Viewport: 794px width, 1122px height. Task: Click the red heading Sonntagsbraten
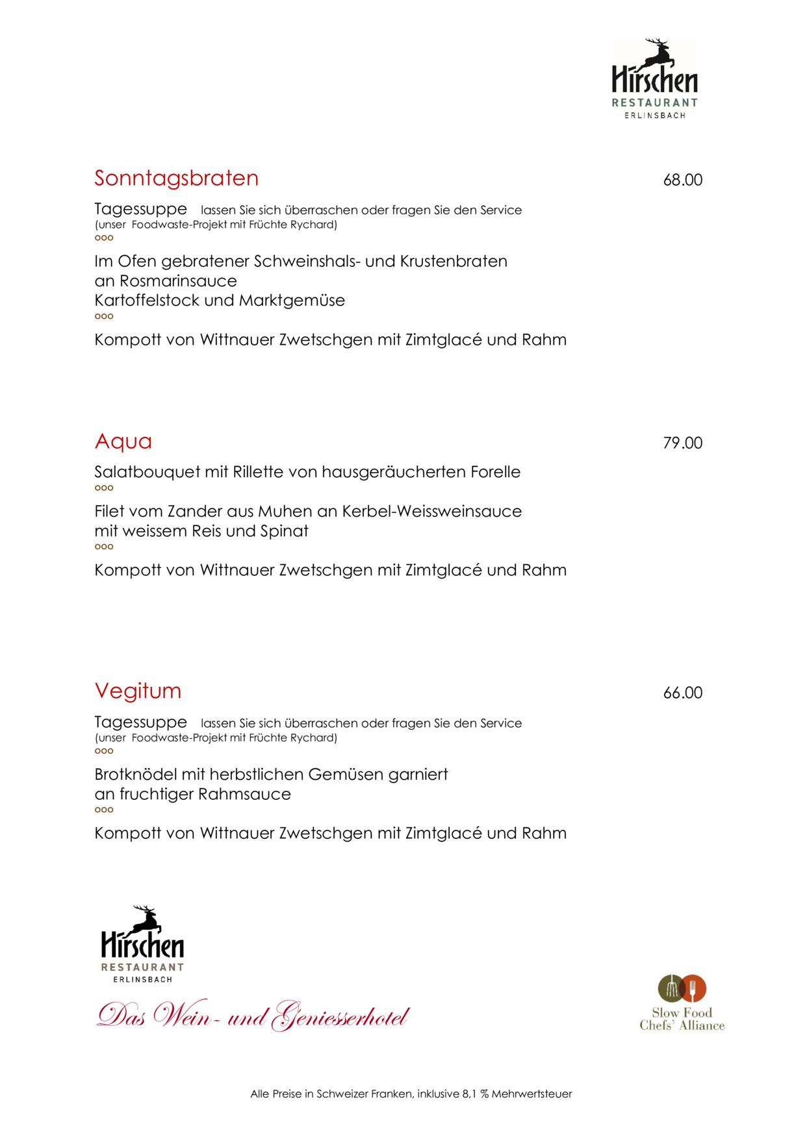pos(176,178)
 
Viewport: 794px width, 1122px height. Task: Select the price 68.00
pos(682,180)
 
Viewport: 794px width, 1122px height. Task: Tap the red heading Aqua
pos(123,442)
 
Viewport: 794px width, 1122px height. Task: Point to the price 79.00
pos(682,443)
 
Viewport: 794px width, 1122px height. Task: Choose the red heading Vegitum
pos(138,691)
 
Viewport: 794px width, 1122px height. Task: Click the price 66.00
pos(682,693)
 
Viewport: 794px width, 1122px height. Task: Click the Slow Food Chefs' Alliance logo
pos(682,1003)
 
